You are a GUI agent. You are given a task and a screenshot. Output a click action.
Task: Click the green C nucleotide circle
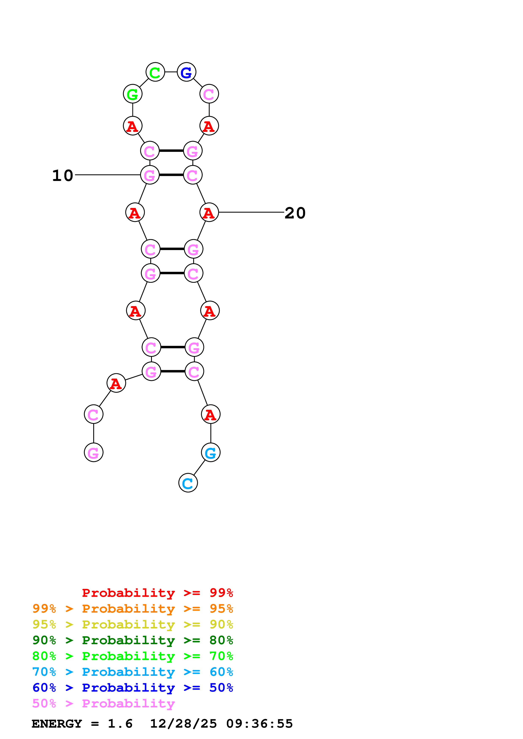[155, 72]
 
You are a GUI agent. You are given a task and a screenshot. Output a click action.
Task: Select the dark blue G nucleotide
[186, 72]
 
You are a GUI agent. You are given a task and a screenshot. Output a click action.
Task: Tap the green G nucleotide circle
[132, 94]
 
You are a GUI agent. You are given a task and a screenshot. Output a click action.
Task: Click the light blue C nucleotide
[188, 483]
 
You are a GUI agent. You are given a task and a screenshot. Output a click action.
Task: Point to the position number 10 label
[62, 175]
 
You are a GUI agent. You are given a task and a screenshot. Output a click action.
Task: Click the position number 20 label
[295, 213]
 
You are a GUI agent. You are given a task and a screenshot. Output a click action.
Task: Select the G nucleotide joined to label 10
[150, 175]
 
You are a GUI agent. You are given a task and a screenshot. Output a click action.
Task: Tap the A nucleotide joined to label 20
[209, 212]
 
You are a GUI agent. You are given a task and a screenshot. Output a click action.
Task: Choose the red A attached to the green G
[132, 126]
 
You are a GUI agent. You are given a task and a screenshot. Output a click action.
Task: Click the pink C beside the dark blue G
[209, 94]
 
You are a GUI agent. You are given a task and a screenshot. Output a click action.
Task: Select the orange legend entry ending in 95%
[132, 609]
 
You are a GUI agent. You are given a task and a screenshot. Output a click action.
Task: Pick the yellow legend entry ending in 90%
[132, 624]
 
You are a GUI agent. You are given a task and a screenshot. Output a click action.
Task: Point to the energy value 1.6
[120, 724]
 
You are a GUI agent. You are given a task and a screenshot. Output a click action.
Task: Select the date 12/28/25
[183, 724]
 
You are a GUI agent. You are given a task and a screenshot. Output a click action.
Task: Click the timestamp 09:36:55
[259, 724]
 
